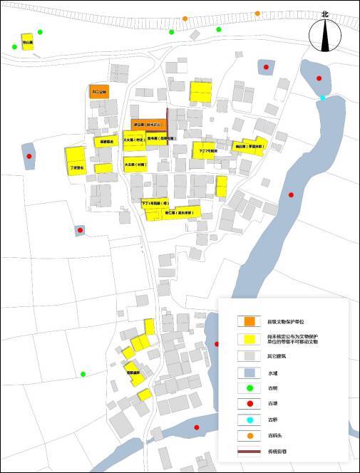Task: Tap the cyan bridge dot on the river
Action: pos(323,98)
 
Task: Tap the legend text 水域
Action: pos(272,372)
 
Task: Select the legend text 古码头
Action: pos(274,435)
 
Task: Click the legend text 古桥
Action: pos(272,420)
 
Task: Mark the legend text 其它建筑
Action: pos(276,355)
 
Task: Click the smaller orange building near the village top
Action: pos(98,91)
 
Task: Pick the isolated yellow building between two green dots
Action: pos(27,41)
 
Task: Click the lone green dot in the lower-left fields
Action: pos(83,374)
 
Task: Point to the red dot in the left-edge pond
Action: pos(29,156)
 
